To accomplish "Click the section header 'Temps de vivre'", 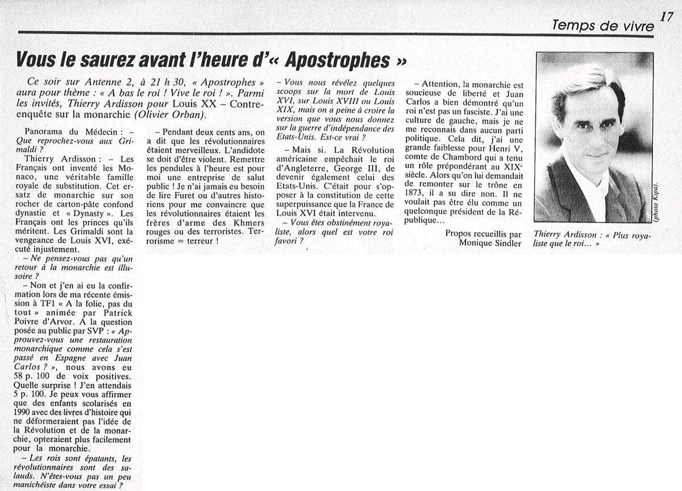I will click(x=603, y=26).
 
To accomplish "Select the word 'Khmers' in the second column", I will click(x=246, y=222).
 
